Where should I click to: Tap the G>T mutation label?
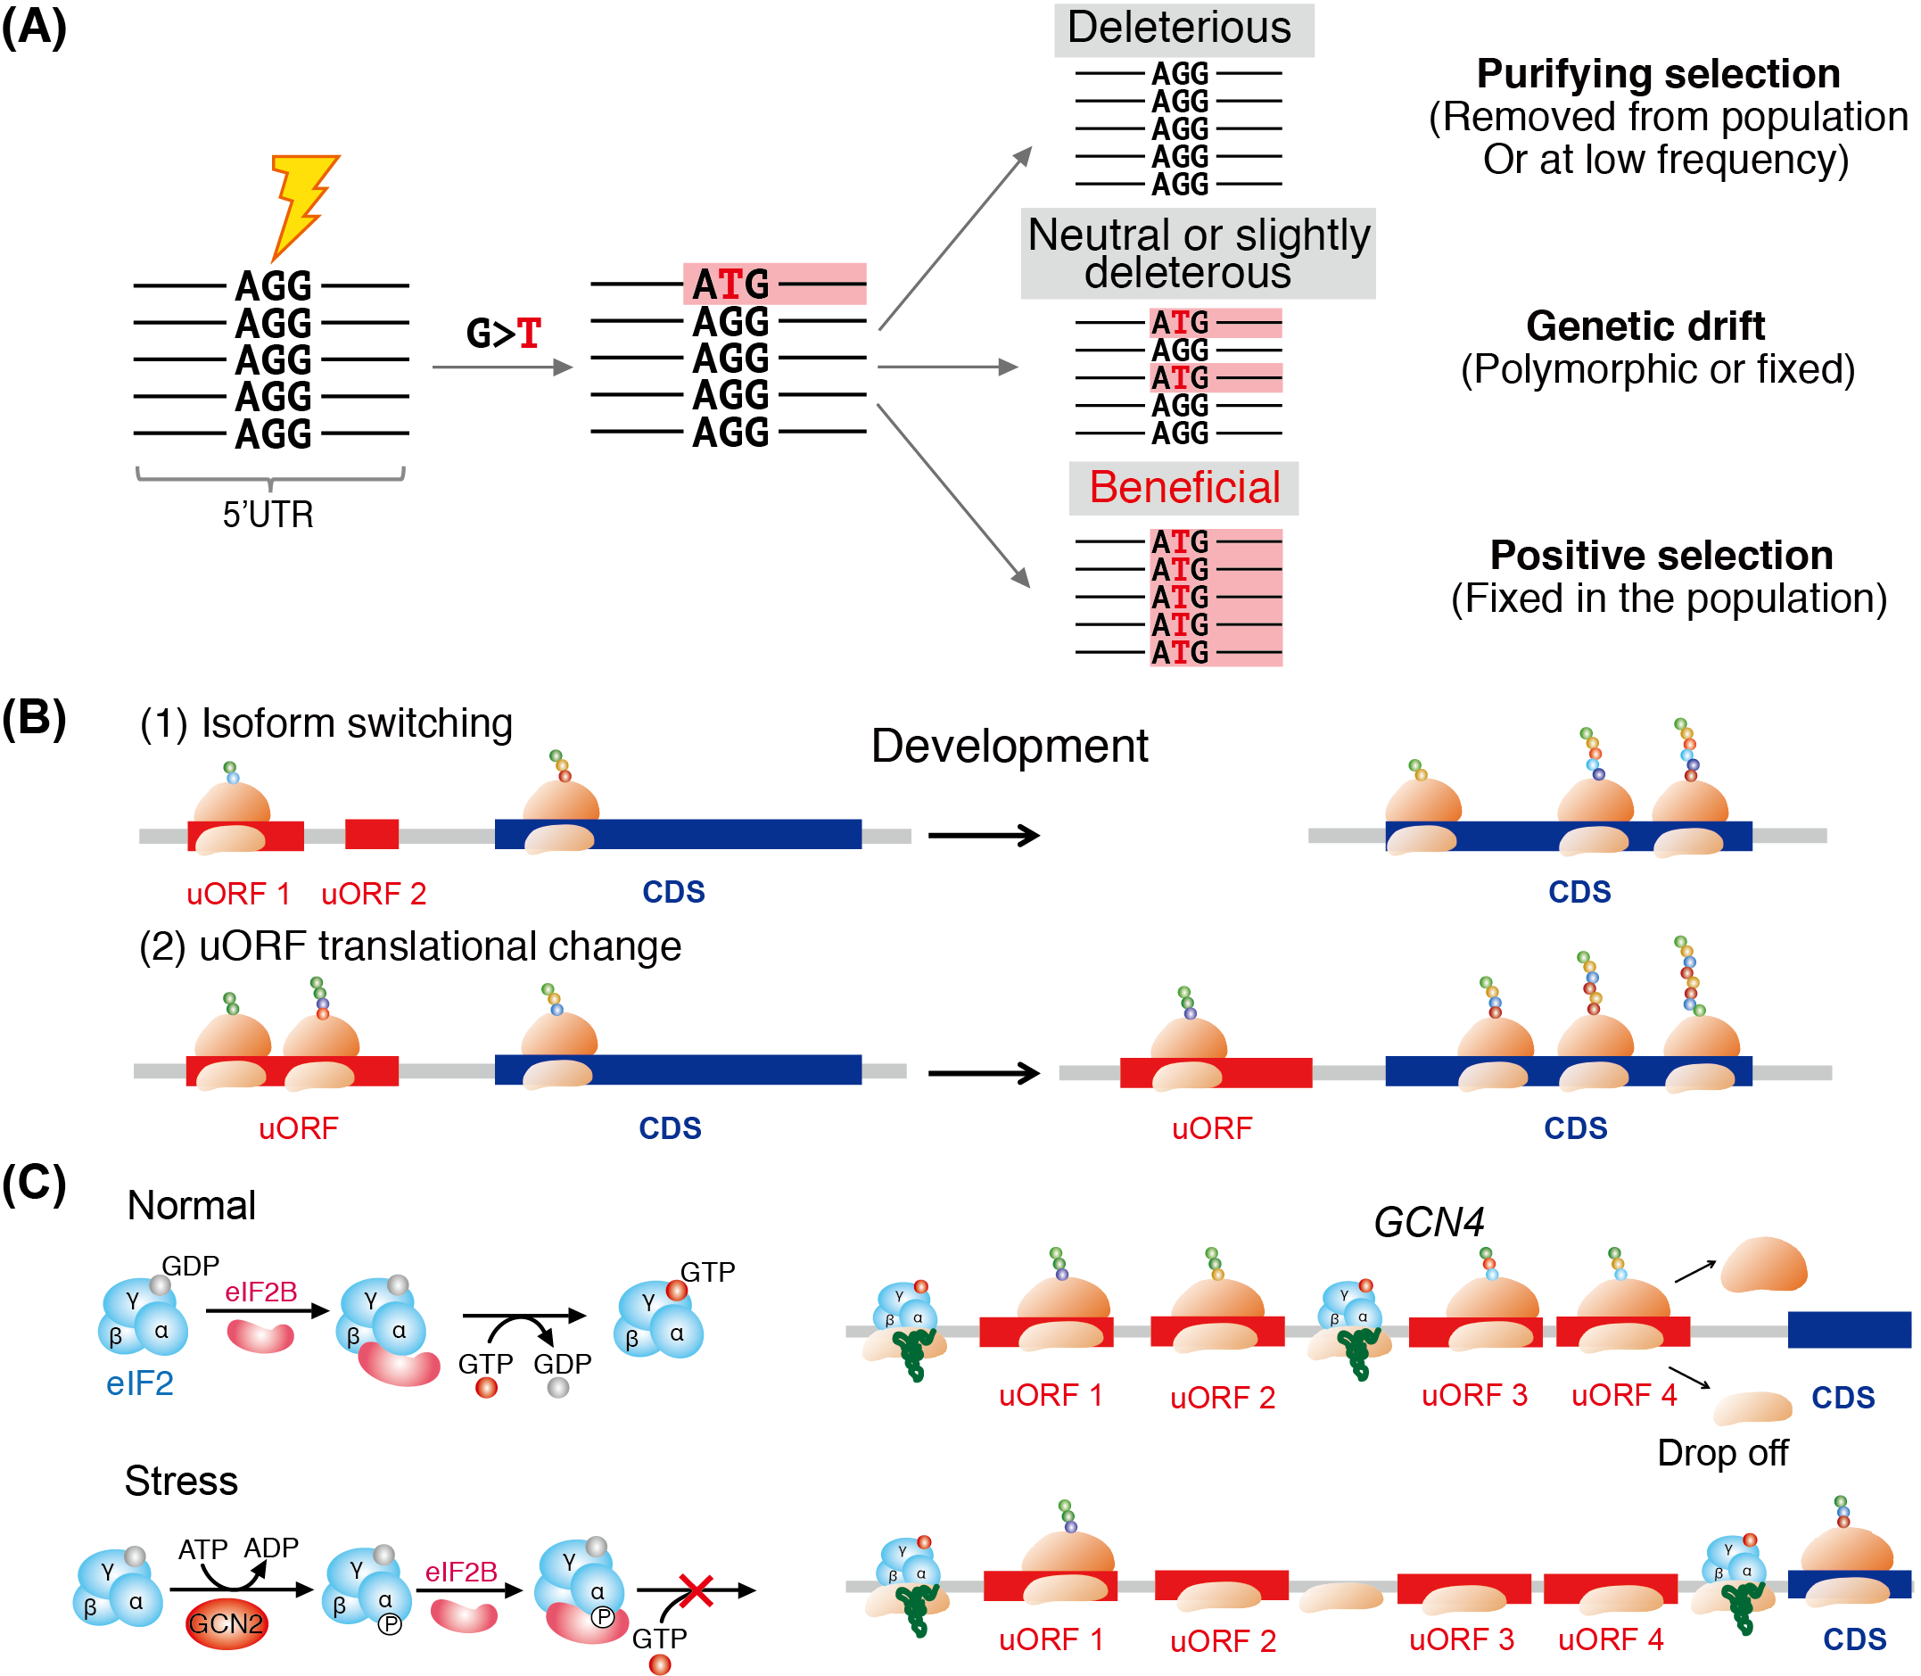503,333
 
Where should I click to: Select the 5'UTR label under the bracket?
268,515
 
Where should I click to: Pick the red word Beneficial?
1184,487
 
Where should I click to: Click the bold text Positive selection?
1660,556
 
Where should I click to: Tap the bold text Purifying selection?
1657,74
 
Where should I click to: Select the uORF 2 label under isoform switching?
373,894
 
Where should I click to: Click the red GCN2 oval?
226,1623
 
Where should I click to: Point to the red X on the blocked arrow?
696,1590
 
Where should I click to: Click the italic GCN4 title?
1428,1222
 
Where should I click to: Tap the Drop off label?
1722,1452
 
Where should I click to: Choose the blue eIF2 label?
139,1383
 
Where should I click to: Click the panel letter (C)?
34,1183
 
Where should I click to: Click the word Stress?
180,1482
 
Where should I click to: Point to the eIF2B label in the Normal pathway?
261,1292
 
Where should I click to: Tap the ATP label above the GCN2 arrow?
202,1549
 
